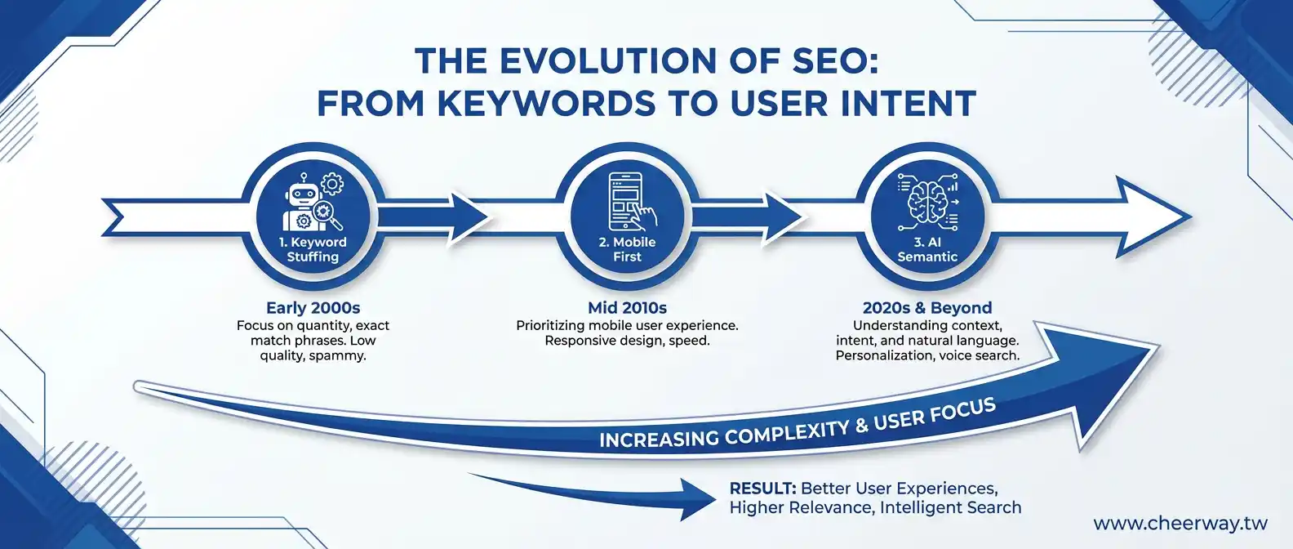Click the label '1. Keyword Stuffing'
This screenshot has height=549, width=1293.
click(313, 249)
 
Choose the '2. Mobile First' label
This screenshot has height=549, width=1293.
click(627, 249)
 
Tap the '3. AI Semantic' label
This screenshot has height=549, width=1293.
click(927, 249)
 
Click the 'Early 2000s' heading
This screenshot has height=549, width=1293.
click(313, 308)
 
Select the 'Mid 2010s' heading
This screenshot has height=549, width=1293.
click(627, 308)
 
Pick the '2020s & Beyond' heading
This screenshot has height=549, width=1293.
click(927, 308)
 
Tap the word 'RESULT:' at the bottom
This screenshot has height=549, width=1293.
click(762, 489)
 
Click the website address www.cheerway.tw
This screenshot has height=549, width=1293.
click(1180, 524)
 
